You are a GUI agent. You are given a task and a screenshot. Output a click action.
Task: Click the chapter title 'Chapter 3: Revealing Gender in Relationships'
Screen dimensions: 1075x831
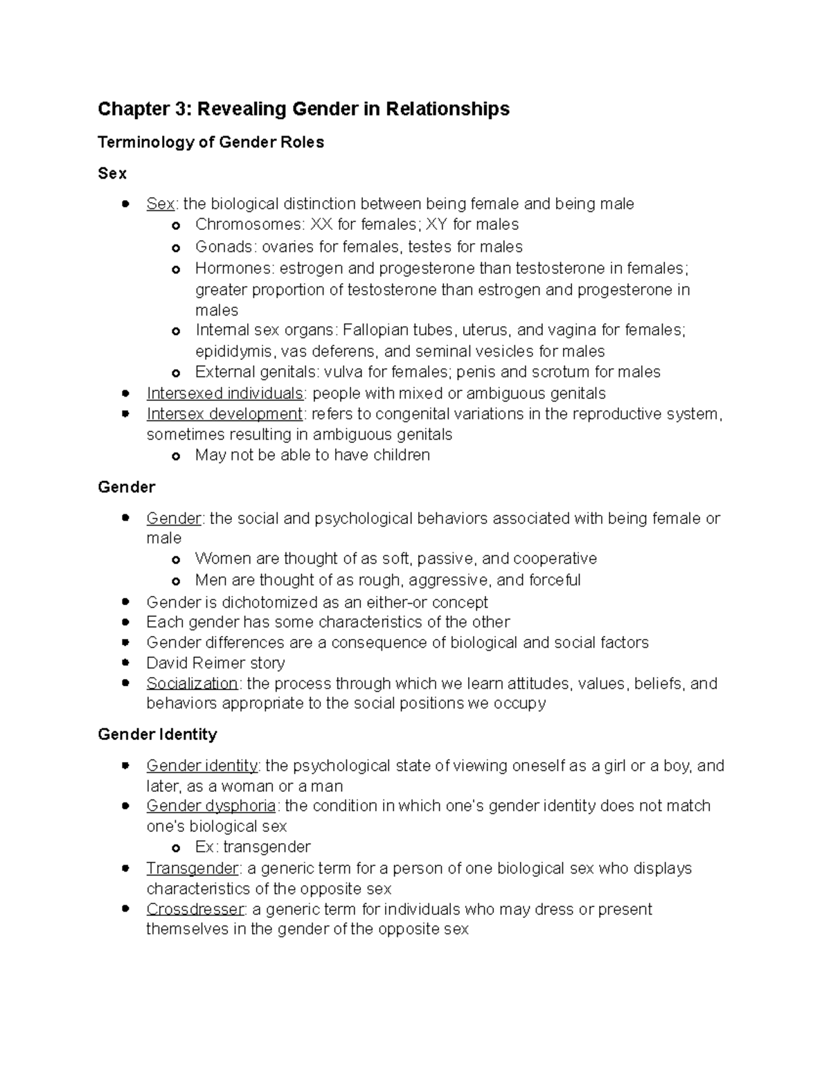(x=303, y=109)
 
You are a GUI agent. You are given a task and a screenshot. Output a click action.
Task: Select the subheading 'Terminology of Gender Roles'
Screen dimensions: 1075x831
(x=211, y=143)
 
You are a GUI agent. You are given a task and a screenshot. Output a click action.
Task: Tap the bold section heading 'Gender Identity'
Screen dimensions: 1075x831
(x=157, y=734)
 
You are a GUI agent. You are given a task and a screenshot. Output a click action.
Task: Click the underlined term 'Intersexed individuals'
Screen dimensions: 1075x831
(x=225, y=393)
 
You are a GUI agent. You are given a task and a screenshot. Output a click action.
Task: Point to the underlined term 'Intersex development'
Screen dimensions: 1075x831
(x=224, y=414)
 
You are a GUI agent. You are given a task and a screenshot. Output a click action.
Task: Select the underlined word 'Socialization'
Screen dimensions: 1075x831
(x=192, y=683)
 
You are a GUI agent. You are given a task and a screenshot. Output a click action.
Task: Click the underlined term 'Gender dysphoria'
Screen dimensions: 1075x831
(x=211, y=806)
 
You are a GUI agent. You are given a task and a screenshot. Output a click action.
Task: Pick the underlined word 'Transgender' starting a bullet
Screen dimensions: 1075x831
(x=192, y=868)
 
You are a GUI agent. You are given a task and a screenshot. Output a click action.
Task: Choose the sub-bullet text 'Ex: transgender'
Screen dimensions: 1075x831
(x=253, y=847)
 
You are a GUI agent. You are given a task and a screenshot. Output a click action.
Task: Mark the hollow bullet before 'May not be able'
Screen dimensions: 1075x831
(x=177, y=456)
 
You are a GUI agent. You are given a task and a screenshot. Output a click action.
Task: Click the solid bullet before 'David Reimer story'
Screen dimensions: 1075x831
(x=125, y=662)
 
